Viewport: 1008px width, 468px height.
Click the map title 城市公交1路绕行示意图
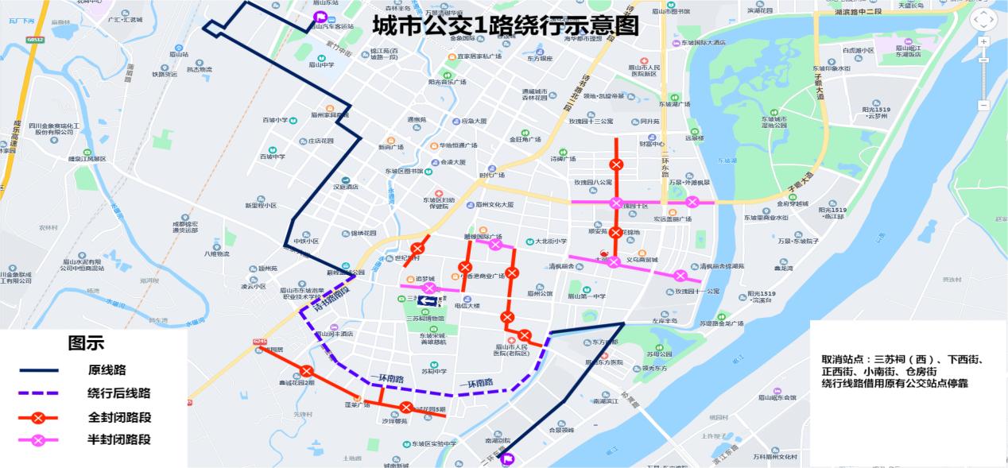click(x=505, y=25)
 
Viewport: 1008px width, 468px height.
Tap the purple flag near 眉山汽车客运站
click(x=320, y=17)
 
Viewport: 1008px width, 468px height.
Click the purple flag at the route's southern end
click(x=508, y=458)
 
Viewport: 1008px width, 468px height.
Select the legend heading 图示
click(x=86, y=343)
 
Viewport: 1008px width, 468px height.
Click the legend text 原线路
click(x=107, y=370)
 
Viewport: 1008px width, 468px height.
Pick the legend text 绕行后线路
click(x=118, y=393)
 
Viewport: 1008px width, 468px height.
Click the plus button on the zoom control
click(x=983, y=42)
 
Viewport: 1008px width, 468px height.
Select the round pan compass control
click(x=983, y=18)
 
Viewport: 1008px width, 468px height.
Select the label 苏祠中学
click(x=434, y=371)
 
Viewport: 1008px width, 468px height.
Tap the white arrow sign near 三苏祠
click(x=428, y=300)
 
